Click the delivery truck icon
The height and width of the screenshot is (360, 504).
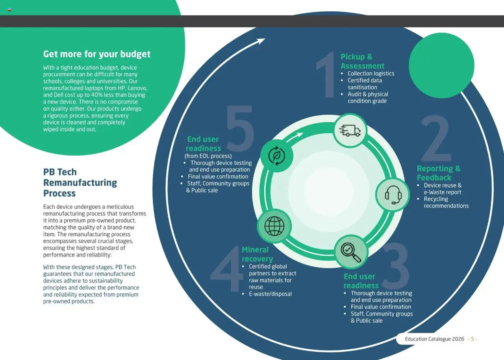pyautogui.click(x=350, y=130)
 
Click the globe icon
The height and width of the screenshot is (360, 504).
pyautogui.click(x=274, y=226)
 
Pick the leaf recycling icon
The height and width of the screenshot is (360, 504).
pyautogui.click(x=277, y=156)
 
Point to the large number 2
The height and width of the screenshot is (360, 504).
pyautogui.click(x=436, y=139)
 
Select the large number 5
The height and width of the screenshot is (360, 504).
pyautogui.click(x=240, y=129)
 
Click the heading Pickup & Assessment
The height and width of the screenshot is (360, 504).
pyautogui.click(x=362, y=61)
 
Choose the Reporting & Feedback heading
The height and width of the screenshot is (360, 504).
pyautogui.click(x=438, y=173)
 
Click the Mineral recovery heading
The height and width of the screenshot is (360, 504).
pyautogui.click(x=257, y=254)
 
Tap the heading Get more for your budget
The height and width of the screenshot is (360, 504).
pyautogui.click(x=97, y=54)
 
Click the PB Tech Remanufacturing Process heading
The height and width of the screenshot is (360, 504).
pyautogui.click(x=80, y=182)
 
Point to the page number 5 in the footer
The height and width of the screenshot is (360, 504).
pyautogui.click(x=472, y=339)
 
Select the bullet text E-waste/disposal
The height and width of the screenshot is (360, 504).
pyautogui.click(x=270, y=294)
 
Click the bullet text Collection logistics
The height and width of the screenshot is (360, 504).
pyautogui.click(x=371, y=73)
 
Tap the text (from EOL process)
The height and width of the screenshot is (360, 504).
pyautogui.click(x=208, y=156)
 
